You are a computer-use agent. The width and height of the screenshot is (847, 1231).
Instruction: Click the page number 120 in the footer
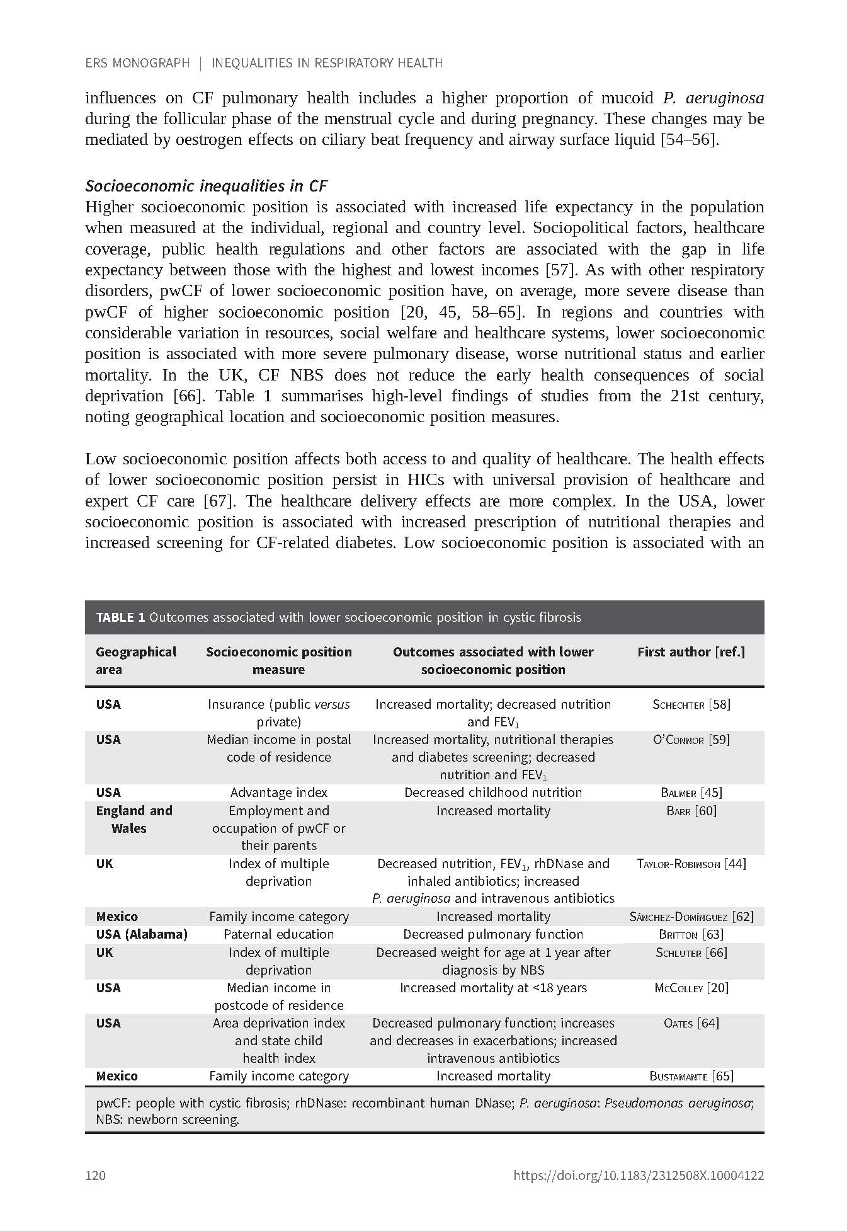[95, 1175]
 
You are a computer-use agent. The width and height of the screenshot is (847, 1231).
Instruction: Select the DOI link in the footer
[639, 1175]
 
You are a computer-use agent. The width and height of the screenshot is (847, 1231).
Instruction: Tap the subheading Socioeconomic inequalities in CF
[206, 186]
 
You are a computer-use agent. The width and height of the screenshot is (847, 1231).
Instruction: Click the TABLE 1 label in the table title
[121, 617]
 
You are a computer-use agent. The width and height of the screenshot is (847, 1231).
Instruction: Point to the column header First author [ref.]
[691, 652]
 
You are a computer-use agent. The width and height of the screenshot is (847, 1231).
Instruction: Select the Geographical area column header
[135, 660]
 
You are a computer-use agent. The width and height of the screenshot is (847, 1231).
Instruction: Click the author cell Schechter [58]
[691, 704]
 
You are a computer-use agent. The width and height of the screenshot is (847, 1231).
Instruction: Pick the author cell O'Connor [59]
[691, 740]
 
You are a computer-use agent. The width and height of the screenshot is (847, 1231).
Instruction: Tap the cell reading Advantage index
[278, 793]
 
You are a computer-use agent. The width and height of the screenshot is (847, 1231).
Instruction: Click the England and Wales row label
[134, 819]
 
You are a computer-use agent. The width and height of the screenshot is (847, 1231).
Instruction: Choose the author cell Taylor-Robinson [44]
[691, 864]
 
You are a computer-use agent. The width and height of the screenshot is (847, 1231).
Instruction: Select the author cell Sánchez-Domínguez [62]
[691, 917]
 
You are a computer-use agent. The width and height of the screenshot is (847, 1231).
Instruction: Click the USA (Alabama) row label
[142, 934]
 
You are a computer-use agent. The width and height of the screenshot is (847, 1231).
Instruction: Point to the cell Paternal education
[278, 934]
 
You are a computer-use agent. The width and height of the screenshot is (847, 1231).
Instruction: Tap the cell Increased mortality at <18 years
[493, 988]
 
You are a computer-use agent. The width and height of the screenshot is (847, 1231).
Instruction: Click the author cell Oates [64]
[691, 1023]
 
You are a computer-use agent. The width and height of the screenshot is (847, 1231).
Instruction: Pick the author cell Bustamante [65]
[691, 1076]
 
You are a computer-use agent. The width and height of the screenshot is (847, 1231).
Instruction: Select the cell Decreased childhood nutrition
[493, 793]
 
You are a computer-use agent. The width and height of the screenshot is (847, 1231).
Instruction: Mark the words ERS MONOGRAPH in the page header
[137, 63]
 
